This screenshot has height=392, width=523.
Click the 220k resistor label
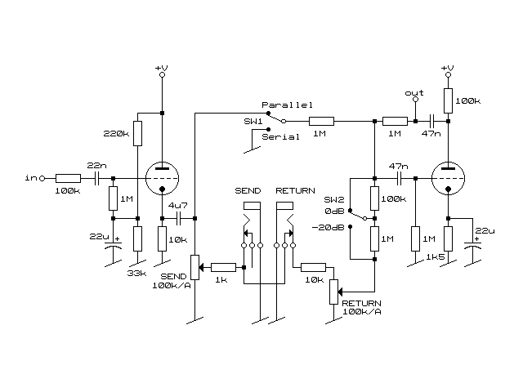(116, 134)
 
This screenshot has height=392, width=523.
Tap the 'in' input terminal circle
(42, 179)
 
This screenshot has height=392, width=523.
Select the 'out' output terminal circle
(415, 100)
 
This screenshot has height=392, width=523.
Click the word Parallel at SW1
(287, 105)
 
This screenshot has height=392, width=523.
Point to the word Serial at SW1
(280, 136)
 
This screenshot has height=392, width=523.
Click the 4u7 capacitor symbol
(178, 218)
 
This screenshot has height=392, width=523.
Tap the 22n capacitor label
(96, 165)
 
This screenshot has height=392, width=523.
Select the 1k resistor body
(223, 267)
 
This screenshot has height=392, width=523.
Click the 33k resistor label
(136, 274)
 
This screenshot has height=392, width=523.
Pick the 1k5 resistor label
(436, 257)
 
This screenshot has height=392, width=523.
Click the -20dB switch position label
(328, 227)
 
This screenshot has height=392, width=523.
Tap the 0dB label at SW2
(334, 212)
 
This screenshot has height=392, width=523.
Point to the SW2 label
(334, 199)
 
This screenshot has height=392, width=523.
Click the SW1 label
(253, 122)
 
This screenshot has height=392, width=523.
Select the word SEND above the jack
(248, 190)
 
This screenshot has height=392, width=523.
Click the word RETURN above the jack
(295, 190)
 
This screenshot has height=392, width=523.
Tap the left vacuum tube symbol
(162, 179)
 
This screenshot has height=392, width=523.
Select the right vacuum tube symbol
(448, 179)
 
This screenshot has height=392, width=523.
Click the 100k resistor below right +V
(448, 100)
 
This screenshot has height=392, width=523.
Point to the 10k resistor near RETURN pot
(313, 267)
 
